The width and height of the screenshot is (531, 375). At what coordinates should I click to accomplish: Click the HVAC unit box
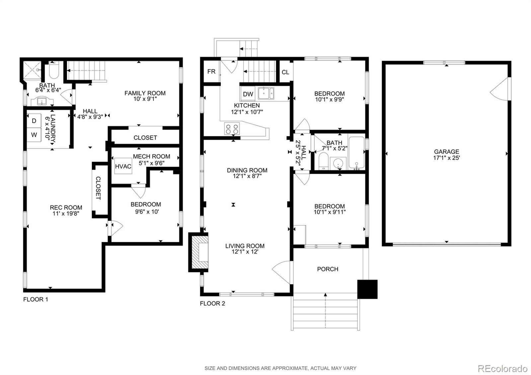(x=123, y=166)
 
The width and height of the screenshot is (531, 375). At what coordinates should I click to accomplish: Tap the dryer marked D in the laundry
(x=34, y=121)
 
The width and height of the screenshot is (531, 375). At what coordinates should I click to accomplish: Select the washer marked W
(x=34, y=135)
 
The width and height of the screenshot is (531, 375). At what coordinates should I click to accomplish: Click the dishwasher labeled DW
(x=248, y=94)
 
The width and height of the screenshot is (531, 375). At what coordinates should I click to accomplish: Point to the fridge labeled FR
(x=211, y=72)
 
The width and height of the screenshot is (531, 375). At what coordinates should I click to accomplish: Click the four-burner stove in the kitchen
(x=232, y=129)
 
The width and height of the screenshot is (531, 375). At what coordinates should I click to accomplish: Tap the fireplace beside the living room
(x=199, y=252)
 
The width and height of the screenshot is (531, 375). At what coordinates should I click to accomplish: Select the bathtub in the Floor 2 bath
(x=356, y=152)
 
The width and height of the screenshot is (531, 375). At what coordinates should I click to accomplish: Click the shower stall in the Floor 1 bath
(x=32, y=70)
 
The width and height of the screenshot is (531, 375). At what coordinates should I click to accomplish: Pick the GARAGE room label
(x=446, y=152)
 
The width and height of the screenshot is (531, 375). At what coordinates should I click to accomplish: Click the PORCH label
(x=328, y=269)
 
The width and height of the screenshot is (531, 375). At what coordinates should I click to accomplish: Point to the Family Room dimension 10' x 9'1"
(x=145, y=99)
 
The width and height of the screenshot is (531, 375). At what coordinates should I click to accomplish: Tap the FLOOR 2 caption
(x=212, y=303)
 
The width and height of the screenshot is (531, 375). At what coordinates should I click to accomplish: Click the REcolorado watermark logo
(x=502, y=368)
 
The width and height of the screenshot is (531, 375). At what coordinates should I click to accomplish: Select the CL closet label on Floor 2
(x=285, y=72)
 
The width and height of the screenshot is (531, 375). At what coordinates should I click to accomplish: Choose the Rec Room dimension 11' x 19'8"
(x=66, y=213)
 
